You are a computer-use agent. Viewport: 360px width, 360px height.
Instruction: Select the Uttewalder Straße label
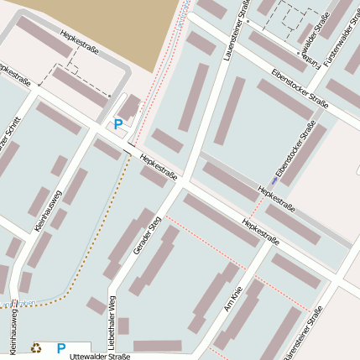[x=102, y=356]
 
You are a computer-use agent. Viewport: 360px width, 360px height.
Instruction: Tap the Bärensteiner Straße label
[x=305, y=335]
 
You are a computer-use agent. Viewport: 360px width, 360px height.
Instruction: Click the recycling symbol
[x=36, y=347]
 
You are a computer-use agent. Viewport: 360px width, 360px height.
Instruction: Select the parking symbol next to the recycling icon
[x=61, y=347]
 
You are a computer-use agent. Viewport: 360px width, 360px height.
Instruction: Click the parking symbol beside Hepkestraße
[x=118, y=123]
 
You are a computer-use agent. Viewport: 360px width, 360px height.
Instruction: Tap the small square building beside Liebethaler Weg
[x=123, y=326]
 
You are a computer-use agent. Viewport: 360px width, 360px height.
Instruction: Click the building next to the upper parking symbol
[x=129, y=108]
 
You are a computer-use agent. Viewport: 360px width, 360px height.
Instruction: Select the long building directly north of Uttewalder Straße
[x=157, y=345]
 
